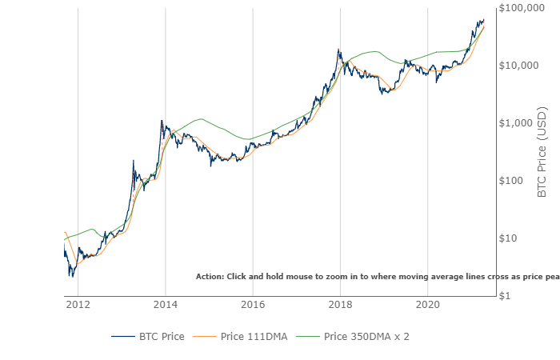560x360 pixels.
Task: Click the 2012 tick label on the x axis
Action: [78, 304]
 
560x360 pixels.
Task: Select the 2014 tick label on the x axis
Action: [165, 304]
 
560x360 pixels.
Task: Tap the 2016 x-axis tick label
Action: [253, 304]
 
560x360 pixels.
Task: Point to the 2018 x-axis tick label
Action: [341, 304]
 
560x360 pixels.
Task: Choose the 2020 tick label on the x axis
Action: [428, 304]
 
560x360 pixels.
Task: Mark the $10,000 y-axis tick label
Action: [518, 66]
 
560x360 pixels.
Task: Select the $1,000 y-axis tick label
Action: [521, 123]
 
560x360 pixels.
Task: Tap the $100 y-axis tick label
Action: [524, 181]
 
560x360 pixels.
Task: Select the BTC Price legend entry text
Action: [162, 336]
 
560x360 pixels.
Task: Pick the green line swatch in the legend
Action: [308, 336]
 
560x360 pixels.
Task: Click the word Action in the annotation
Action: [210, 276]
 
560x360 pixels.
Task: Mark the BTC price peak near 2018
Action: [339, 50]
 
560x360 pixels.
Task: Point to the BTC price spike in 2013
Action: [134, 161]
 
